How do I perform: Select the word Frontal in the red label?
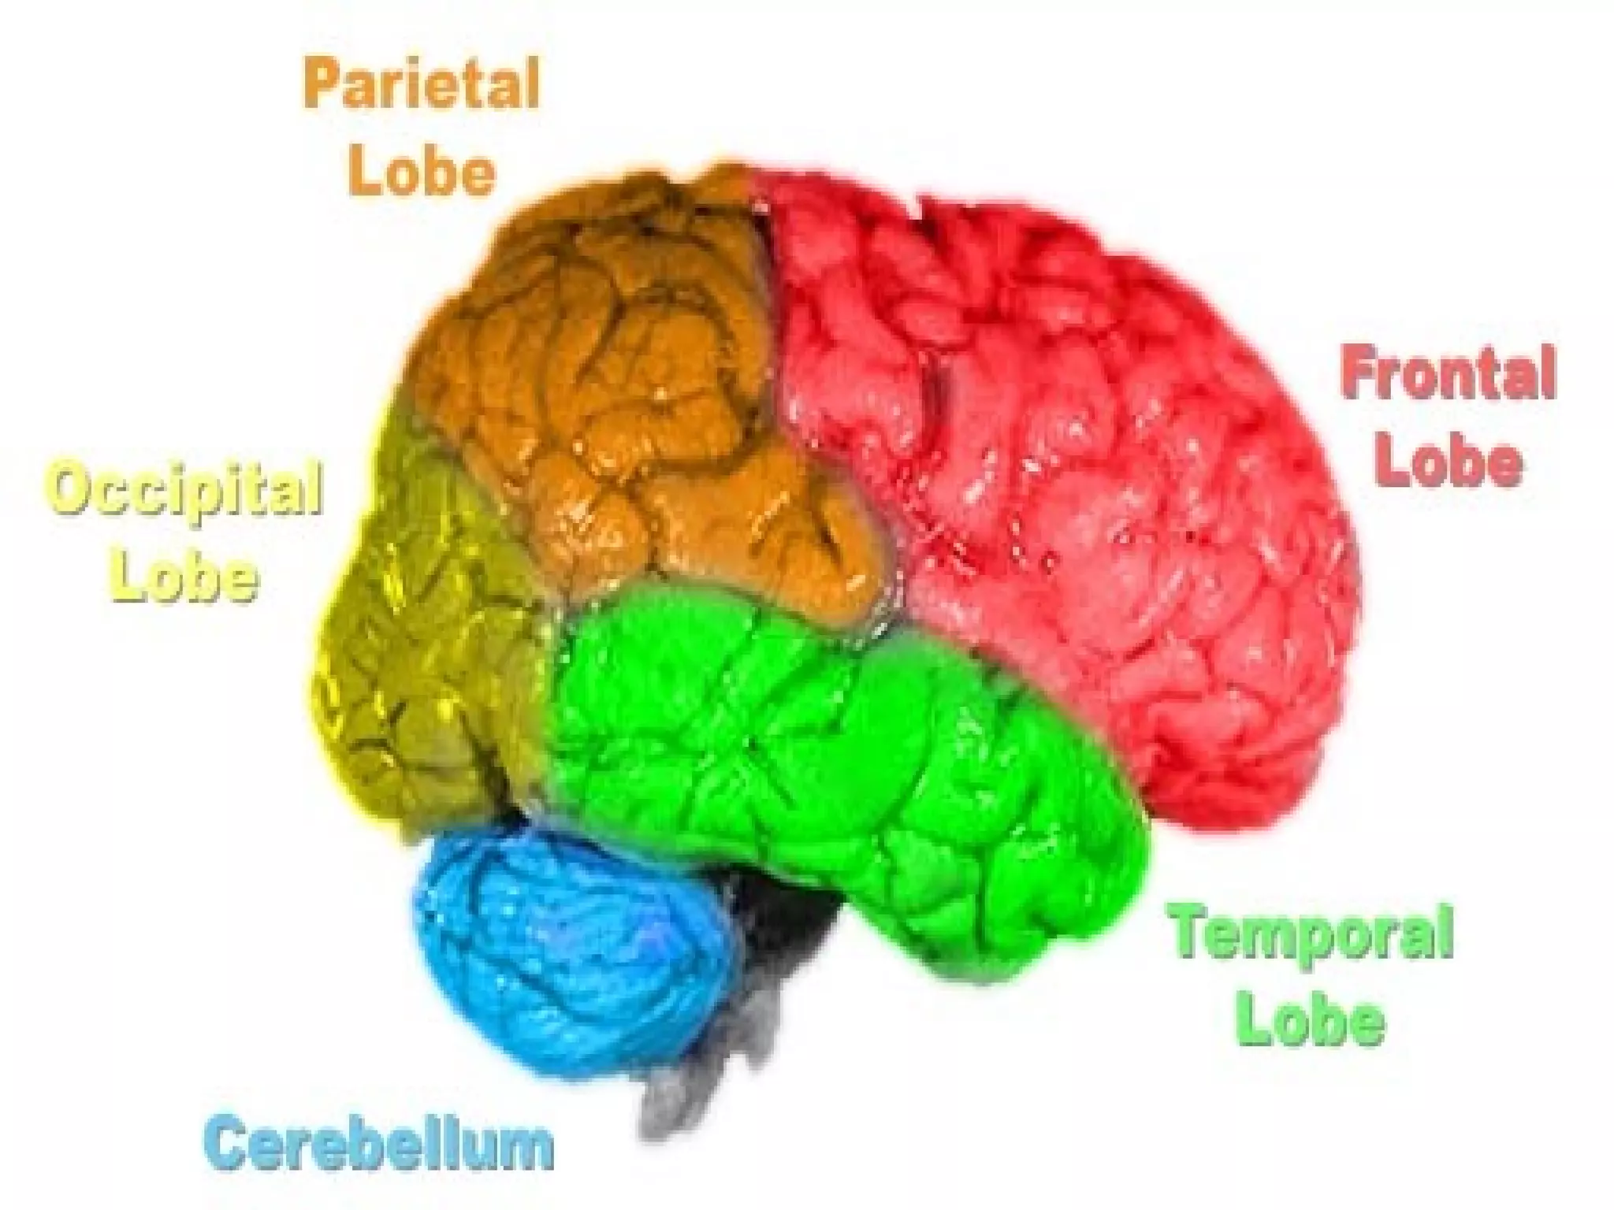tap(1449, 377)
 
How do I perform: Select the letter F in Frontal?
tap(1357, 377)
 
